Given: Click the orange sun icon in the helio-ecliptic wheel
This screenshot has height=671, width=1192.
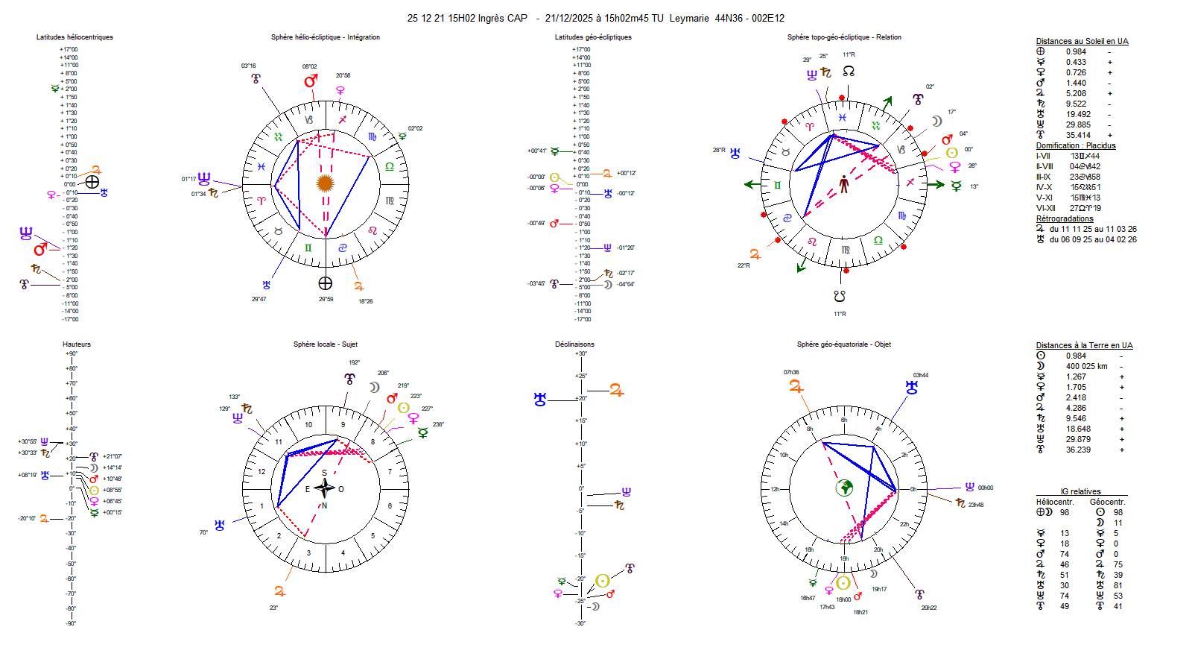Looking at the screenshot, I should [x=325, y=183].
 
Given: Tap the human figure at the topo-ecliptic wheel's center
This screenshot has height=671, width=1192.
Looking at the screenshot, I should [x=844, y=183].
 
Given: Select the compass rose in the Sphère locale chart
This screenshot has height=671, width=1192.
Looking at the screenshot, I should [x=324, y=488].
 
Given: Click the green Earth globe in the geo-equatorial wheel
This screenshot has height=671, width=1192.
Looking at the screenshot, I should [x=844, y=488].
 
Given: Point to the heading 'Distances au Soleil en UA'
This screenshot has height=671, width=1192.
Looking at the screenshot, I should [x=1082, y=42].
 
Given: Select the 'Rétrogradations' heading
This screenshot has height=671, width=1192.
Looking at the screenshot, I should [x=1065, y=219].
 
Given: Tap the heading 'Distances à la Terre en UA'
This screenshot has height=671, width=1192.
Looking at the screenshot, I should [x=1084, y=346].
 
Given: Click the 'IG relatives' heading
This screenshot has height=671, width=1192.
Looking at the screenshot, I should [x=1080, y=492].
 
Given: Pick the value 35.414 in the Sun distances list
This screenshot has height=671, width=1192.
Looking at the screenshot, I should [x=1078, y=136].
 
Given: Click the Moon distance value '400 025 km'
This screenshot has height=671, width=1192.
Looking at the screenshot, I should [x=1086, y=367].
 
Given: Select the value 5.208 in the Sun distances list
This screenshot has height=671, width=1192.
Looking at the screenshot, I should [x=1076, y=94].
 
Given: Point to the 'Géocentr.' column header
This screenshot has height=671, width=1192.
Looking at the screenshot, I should [x=1107, y=503].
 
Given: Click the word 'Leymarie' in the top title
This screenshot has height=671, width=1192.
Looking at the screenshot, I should [x=689, y=19].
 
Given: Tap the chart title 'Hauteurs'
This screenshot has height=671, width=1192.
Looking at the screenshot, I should [x=77, y=344].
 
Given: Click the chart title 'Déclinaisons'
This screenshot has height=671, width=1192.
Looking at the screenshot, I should [x=574, y=344].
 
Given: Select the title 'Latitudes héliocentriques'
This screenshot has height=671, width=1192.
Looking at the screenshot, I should [x=74, y=37].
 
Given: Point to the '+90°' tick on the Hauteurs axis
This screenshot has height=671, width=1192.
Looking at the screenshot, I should [x=71, y=353].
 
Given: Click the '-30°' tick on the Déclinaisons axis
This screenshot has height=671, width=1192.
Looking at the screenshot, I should [x=580, y=623].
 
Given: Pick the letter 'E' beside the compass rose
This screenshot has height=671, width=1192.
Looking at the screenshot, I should [x=307, y=490].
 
